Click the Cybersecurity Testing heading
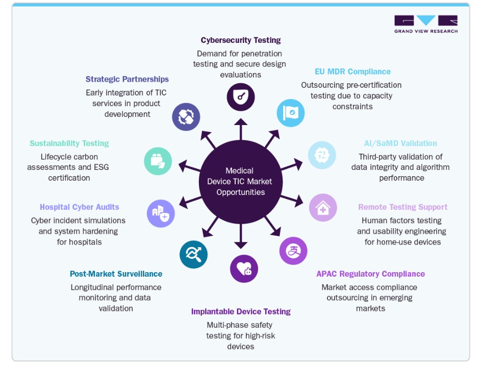(x=241, y=40)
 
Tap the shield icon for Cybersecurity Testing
(x=241, y=96)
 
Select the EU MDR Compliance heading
(x=353, y=71)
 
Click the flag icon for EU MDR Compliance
(x=291, y=113)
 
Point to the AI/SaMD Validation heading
(x=400, y=143)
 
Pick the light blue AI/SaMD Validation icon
(x=322, y=155)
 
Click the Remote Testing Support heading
(x=403, y=207)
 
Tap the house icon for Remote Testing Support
(x=323, y=208)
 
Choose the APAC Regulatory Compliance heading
(x=370, y=274)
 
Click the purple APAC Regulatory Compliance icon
(x=293, y=251)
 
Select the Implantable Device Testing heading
(x=241, y=312)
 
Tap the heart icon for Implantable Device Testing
(x=244, y=269)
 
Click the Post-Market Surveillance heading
(x=116, y=274)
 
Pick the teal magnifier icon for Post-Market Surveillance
(x=193, y=254)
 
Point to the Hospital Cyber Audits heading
(x=80, y=207)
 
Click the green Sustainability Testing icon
(x=158, y=161)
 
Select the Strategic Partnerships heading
(x=127, y=79)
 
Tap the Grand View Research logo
(x=426, y=24)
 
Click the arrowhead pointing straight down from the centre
(x=241, y=245)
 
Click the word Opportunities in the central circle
(x=241, y=192)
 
